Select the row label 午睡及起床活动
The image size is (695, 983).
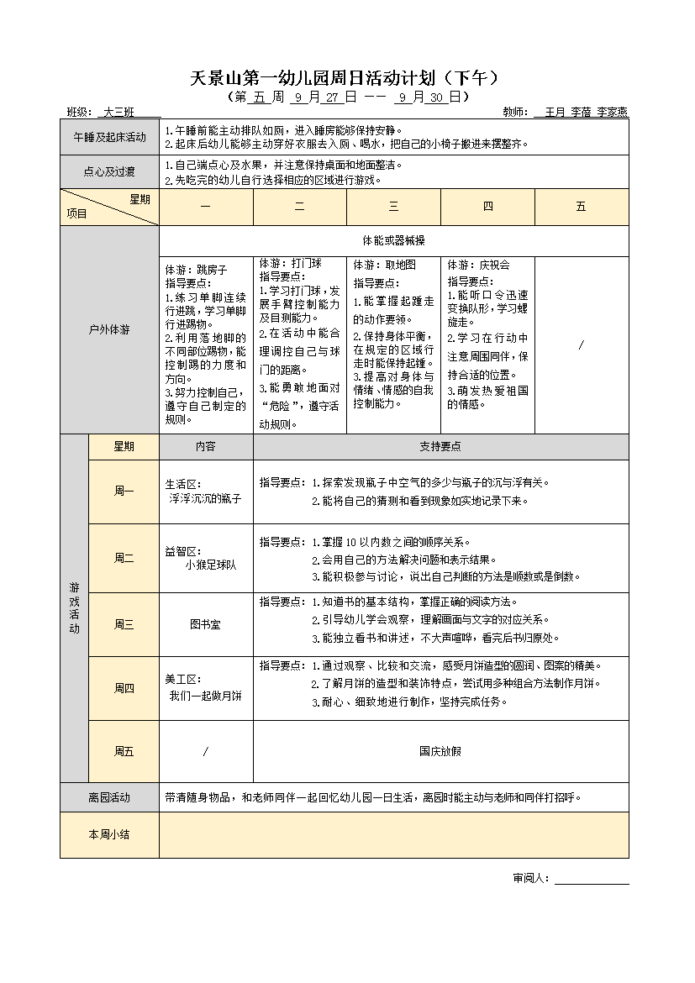109,137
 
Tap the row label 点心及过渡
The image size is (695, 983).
109,172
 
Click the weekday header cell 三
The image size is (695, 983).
393,207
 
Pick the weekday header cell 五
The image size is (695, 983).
581,207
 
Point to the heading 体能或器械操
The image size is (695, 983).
393,240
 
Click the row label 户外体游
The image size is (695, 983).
109,330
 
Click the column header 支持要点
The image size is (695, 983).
440,447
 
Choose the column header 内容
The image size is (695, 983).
205,447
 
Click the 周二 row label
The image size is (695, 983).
124,558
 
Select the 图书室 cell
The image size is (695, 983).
205,624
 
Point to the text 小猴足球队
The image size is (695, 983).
211,565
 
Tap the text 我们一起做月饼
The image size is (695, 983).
205,696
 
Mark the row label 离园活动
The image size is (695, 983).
109,797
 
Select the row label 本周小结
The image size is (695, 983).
109,834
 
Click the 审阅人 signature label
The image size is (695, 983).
530,879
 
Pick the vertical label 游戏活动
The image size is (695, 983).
74,608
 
